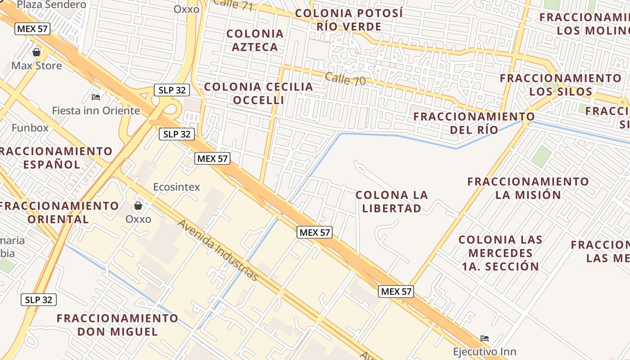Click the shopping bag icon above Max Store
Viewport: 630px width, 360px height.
tap(36, 52)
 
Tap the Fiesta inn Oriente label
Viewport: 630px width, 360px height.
tap(96, 110)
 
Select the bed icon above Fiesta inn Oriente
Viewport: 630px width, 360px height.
tap(95, 96)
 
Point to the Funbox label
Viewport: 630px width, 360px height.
tap(30, 127)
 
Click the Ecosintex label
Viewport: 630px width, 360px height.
tap(176, 187)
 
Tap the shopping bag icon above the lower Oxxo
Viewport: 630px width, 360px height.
tap(138, 206)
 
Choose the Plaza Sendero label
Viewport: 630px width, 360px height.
tap(52, 5)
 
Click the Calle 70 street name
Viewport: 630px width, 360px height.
tap(345, 79)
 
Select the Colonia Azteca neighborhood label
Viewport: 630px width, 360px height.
tap(255, 40)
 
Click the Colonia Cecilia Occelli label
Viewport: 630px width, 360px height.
tap(259, 93)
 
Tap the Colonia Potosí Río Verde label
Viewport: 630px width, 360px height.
tap(349, 20)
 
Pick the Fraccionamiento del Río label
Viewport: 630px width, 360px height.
tap(474, 123)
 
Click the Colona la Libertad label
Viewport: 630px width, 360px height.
tap(391, 201)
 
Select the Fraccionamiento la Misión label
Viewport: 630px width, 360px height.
tap(528, 188)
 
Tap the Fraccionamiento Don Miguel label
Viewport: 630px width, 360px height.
tap(117, 325)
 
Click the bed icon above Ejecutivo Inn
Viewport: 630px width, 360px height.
tap(485, 338)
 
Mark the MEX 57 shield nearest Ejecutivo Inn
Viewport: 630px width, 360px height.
tap(396, 291)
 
